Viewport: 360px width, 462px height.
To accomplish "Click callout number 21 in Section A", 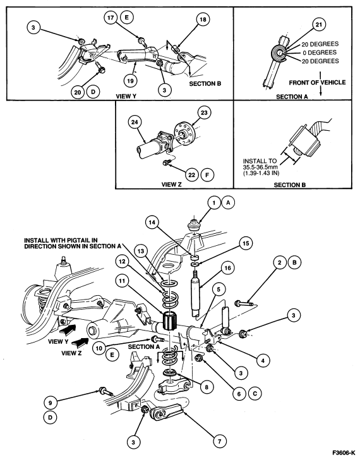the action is point(319,25).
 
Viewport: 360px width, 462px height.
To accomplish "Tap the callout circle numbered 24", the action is point(135,122).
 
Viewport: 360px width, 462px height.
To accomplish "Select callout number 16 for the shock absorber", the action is point(227,268).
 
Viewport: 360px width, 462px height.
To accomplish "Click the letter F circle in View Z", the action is point(207,175).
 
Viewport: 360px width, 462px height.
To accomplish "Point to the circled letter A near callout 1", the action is point(229,203).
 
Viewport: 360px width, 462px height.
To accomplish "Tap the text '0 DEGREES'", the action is point(320,52).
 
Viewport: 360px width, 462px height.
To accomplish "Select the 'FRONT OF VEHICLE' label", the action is point(317,83).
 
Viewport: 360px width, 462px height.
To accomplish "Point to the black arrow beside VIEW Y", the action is point(69,330).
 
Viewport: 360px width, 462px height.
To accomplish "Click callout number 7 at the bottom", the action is point(220,441).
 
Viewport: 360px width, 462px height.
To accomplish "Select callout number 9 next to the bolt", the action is point(51,403).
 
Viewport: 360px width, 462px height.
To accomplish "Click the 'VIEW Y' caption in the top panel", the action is point(126,96).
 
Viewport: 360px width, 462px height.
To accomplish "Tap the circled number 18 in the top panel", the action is point(203,20).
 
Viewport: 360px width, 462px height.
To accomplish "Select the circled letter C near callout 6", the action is point(255,393).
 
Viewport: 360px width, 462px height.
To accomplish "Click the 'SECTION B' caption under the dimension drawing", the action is point(290,185).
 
